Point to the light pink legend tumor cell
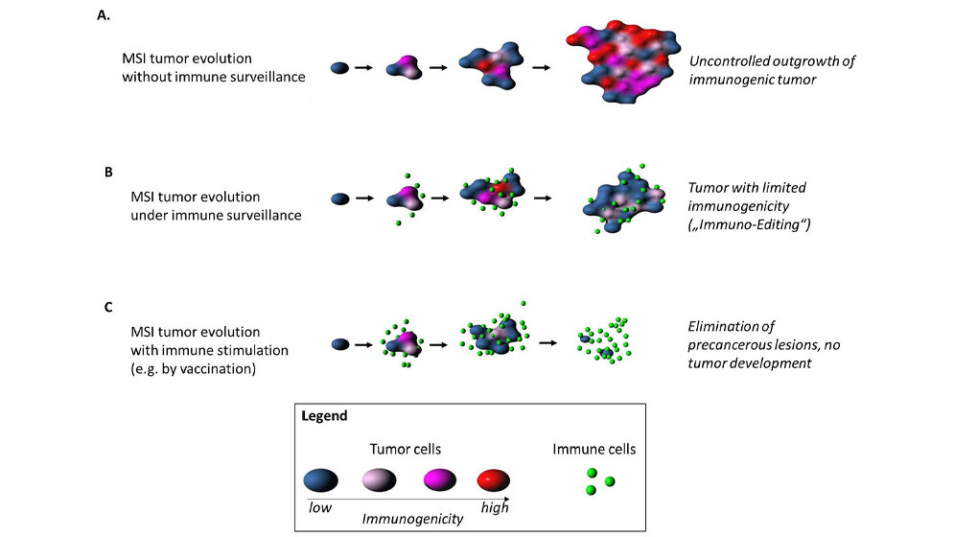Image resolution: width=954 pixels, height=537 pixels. [x=381, y=479]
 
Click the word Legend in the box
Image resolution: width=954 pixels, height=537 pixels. [x=324, y=417]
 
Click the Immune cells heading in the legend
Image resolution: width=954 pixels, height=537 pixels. [x=594, y=448]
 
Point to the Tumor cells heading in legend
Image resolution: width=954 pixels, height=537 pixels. [x=407, y=448]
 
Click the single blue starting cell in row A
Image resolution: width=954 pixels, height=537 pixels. [x=338, y=68]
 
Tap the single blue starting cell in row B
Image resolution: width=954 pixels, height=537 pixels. [x=338, y=198]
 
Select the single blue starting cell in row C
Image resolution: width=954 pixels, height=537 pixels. [x=338, y=342]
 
